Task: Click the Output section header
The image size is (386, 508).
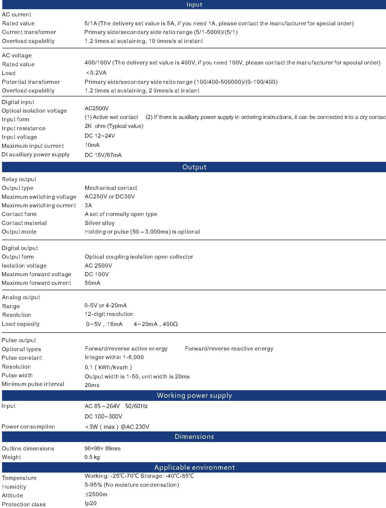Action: click(194, 167)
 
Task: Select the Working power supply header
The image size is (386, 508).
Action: click(194, 395)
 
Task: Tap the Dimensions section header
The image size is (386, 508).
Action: click(194, 437)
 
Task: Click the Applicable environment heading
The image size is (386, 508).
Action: click(194, 467)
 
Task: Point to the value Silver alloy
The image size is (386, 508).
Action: click(99, 223)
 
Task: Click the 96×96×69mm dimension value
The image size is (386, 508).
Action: click(102, 448)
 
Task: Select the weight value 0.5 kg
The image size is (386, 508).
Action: click(92, 457)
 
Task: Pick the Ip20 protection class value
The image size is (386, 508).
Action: click(91, 503)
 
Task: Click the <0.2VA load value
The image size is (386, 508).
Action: click(96, 73)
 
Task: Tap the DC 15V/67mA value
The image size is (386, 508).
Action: click(103, 155)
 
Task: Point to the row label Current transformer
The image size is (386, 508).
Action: click(29, 32)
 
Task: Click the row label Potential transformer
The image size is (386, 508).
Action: click(31, 82)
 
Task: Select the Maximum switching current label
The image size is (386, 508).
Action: click(39, 205)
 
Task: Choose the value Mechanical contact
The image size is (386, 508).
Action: click(111, 188)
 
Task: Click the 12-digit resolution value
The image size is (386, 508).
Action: click(109, 314)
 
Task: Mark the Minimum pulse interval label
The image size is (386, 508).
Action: click(33, 384)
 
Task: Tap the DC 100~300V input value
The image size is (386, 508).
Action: click(103, 416)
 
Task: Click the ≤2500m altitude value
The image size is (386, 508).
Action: click(96, 494)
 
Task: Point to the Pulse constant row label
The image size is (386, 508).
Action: click(22, 358)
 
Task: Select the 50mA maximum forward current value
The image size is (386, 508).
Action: click(92, 283)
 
